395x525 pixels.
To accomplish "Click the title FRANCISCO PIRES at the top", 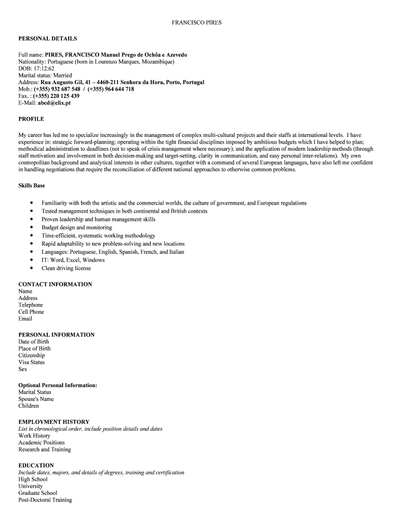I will coord(197,23).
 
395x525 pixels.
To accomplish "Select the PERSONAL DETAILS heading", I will coord(48,38).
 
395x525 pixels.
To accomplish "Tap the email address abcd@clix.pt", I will coord(54,103).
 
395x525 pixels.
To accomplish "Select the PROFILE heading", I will coord(31,119).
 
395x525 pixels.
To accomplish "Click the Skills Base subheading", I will coord(31,186).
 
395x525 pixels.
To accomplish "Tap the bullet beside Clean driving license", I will coord(31,268).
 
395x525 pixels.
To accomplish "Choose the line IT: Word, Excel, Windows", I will coord(73,260).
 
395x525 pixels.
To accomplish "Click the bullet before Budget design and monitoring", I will coord(31,227).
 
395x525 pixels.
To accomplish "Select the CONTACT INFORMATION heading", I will coord(55,284).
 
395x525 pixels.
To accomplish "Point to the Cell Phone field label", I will coord(31,312).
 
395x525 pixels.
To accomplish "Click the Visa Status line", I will coord(32,362).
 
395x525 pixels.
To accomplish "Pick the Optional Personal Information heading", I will coord(58,385).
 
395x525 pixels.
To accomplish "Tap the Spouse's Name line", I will coord(36,399).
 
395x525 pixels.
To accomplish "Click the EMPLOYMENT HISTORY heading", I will coord(54,422).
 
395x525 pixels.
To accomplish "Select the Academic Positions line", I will coord(42,442).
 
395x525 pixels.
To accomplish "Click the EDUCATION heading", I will coord(36,466).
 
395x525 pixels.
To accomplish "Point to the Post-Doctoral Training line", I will coord(45,500).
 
